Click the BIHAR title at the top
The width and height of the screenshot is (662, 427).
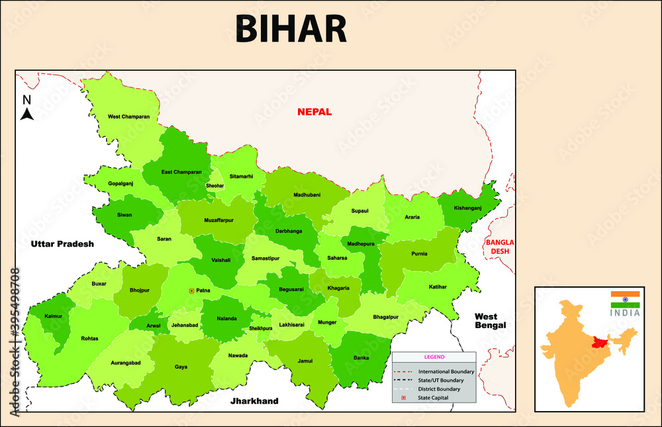tap(291, 29)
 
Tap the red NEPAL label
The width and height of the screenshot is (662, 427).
tap(314, 112)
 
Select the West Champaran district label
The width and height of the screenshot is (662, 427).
tap(128, 117)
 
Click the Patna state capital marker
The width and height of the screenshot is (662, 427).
tap(191, 290)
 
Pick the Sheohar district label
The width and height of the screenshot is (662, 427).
tap(215, 186)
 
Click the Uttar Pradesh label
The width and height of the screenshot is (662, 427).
tap(62, 244)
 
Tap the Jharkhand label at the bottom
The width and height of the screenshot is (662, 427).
tap(254, 401)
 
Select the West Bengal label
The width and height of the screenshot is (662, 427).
tap(491, 321)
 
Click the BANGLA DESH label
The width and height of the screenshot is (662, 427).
tap(500, 247)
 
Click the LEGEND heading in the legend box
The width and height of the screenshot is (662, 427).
tap(434, 357)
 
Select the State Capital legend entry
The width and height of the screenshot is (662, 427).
tap(433, 397)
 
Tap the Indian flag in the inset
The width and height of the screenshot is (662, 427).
tap(625, 298)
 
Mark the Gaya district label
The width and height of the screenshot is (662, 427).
tap(181, 367)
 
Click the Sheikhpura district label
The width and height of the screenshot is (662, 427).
tap(260, 328)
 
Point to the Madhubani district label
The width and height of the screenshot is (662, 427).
tap(307, 195)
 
